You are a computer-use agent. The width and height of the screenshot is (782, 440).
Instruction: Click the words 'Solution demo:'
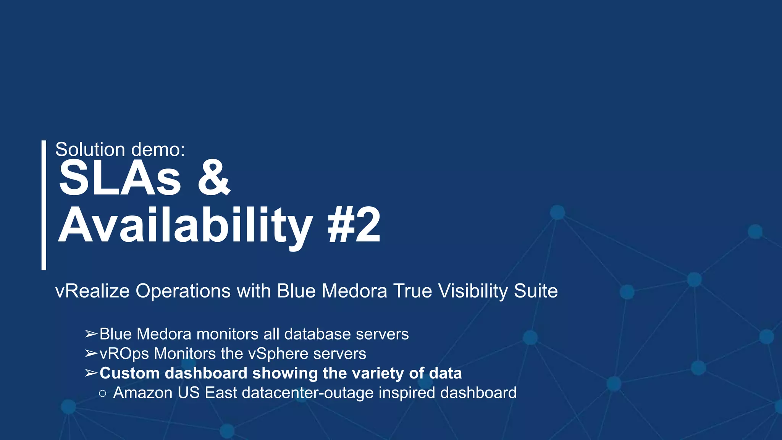pos(120,149)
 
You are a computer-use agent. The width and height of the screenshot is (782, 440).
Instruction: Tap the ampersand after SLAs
pos(213,178)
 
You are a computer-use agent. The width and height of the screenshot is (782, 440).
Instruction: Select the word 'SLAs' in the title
pos(120,178)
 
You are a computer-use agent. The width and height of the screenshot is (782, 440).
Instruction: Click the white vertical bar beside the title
pos(44,205)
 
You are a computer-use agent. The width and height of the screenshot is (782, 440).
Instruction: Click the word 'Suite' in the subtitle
pos(536,291)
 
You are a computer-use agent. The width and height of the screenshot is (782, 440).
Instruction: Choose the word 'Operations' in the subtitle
pos(183,291)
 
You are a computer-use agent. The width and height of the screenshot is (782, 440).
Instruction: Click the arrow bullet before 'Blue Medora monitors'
pos(91,334)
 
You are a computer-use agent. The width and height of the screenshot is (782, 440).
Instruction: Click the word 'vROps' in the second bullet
pos(124,354)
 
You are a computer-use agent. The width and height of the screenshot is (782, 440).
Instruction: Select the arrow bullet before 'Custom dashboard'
pos(91,373)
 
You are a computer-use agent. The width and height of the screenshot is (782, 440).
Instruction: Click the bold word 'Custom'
pos(129,373)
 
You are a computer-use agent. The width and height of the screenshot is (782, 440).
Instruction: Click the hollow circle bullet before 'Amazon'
pos(102,393)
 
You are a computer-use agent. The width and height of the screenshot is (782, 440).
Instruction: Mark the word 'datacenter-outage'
pos(289,393)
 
